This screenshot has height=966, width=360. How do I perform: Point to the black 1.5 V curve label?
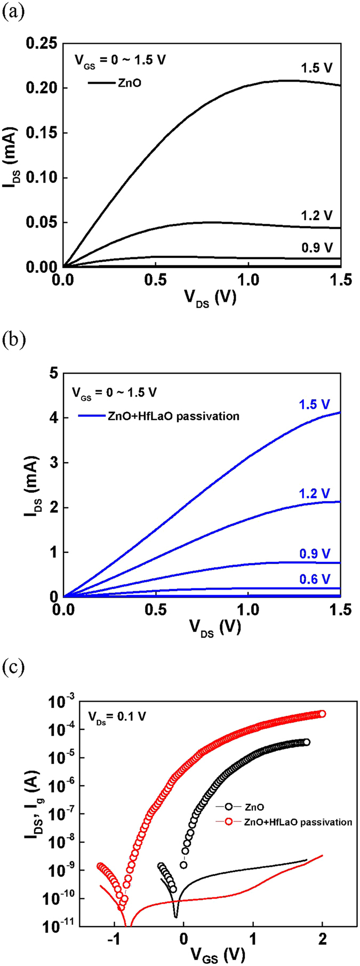point(317,68)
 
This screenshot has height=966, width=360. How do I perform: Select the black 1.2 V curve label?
point(317,215)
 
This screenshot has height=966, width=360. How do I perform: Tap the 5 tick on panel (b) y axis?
point(53,373)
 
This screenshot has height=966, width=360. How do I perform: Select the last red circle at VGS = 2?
point(322,714)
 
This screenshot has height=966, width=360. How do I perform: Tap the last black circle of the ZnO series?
point(307,742)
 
